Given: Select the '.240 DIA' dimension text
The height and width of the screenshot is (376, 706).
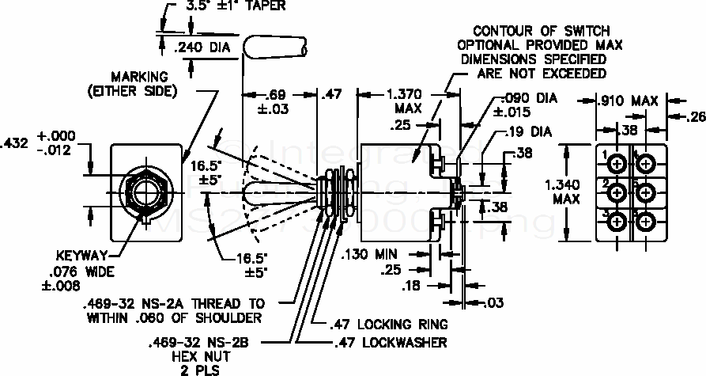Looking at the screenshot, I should coord(202,47).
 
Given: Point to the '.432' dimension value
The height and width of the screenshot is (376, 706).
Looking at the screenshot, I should coord(16,143).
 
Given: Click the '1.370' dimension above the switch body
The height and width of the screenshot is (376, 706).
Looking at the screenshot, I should coord(410,93).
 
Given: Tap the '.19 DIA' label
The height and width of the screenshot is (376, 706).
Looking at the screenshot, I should coord(530,131).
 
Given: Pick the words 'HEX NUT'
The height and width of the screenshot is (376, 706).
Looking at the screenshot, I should coord(187,357).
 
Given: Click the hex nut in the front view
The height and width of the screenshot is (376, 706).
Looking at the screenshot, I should coord(143,192).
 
